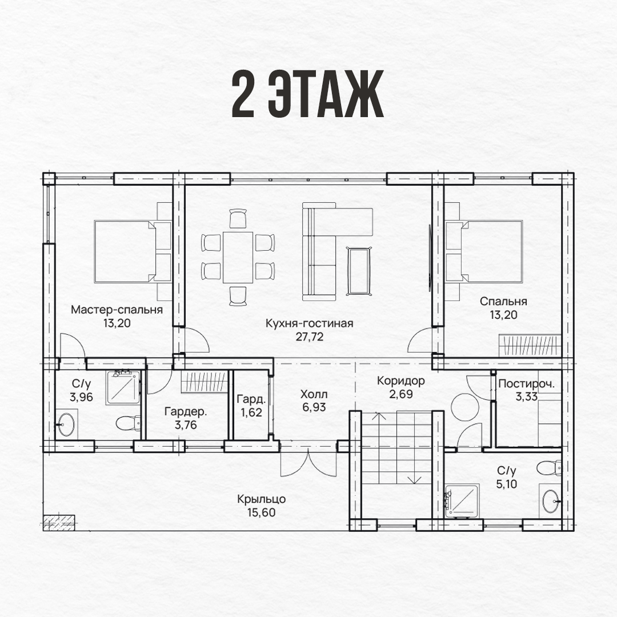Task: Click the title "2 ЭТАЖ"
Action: pyautogui.click(x=307, y=95)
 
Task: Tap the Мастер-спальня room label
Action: pyautogui.click(x=117, y=310)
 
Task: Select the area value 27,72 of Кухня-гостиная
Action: pyautogui.click(x=310, y=337)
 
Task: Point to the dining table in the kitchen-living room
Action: pyautogui.click(x=238, y=257)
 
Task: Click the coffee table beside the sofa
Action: pyautogui.click(x=359, y=270)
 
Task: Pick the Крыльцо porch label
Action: pyautogui.click(x=261, y=499)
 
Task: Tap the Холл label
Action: pyautogui.click(x=314, y=394)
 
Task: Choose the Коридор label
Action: pyautogui.click(x=401, y=380)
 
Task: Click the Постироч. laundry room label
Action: pyautogui.click(x=527, y=384)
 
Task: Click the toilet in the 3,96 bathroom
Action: pyautogui.click(x=129, y=423)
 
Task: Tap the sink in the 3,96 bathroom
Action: pyautogui.click(x=66, y=424)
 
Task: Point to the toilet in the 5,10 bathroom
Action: pyautogui.click(x=550, y=468)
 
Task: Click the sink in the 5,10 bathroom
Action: pyautogui.click(x=551, y=501)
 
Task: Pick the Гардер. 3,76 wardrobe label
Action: pyautogui.click(x=185, y=418)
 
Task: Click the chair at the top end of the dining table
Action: pyautogui.click(x=238, y=218)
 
